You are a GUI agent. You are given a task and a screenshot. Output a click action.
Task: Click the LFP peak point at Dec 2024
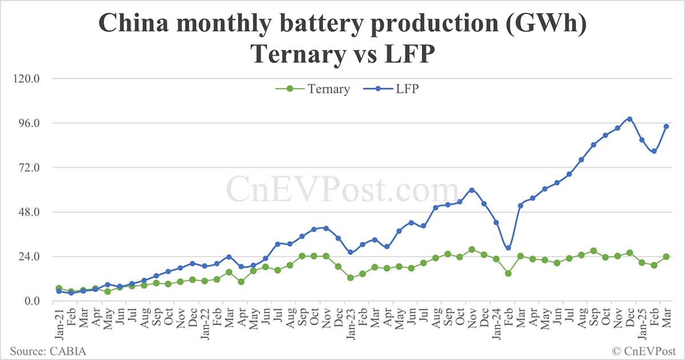point(630,119)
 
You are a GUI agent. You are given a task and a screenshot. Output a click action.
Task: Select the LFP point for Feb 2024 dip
point(508,248)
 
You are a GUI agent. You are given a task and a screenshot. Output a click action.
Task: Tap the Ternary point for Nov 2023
point(472,249)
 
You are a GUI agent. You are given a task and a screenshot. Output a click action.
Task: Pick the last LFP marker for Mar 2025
point(666,127)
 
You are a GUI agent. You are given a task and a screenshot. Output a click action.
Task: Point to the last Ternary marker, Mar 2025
point(666,257)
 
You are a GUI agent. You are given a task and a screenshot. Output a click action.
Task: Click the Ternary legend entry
point(313,89)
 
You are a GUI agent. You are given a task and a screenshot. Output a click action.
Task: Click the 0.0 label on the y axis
point(31,301)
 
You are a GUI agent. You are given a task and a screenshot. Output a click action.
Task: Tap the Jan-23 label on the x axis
point(349,322)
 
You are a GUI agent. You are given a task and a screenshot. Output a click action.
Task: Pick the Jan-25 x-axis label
point(641,322)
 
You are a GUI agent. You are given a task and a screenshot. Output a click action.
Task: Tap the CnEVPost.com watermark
point(342,190)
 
